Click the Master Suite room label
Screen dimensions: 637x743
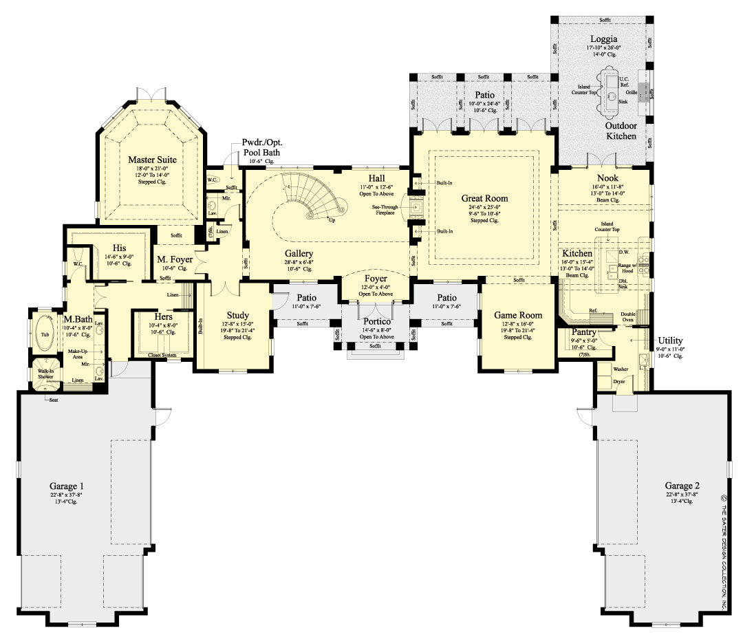[152, 160]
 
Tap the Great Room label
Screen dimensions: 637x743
[484, 199]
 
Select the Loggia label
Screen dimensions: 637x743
[603, 39]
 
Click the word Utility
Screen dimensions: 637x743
[669, 341]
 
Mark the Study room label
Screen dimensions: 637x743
[237, 315]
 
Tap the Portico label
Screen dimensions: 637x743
[377, 321]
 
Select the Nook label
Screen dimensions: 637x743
[607, 178]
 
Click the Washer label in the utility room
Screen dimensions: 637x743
[621, 369]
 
